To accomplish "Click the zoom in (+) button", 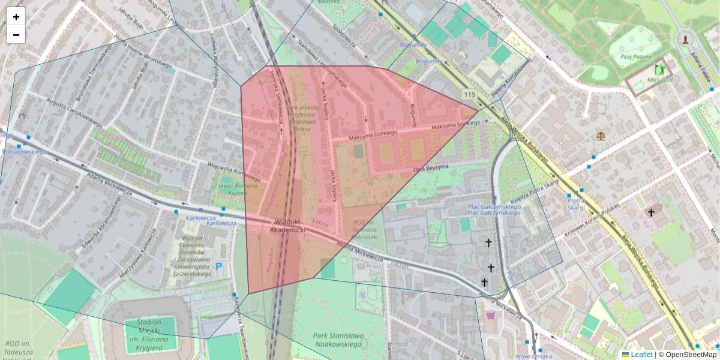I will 16,17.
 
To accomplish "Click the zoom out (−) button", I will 16,35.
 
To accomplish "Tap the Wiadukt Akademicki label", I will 287,226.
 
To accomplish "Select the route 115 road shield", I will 469,95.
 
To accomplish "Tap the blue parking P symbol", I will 219,266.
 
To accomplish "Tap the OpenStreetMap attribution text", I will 691,355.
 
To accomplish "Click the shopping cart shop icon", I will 490,315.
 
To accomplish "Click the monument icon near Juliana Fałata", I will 686,40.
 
